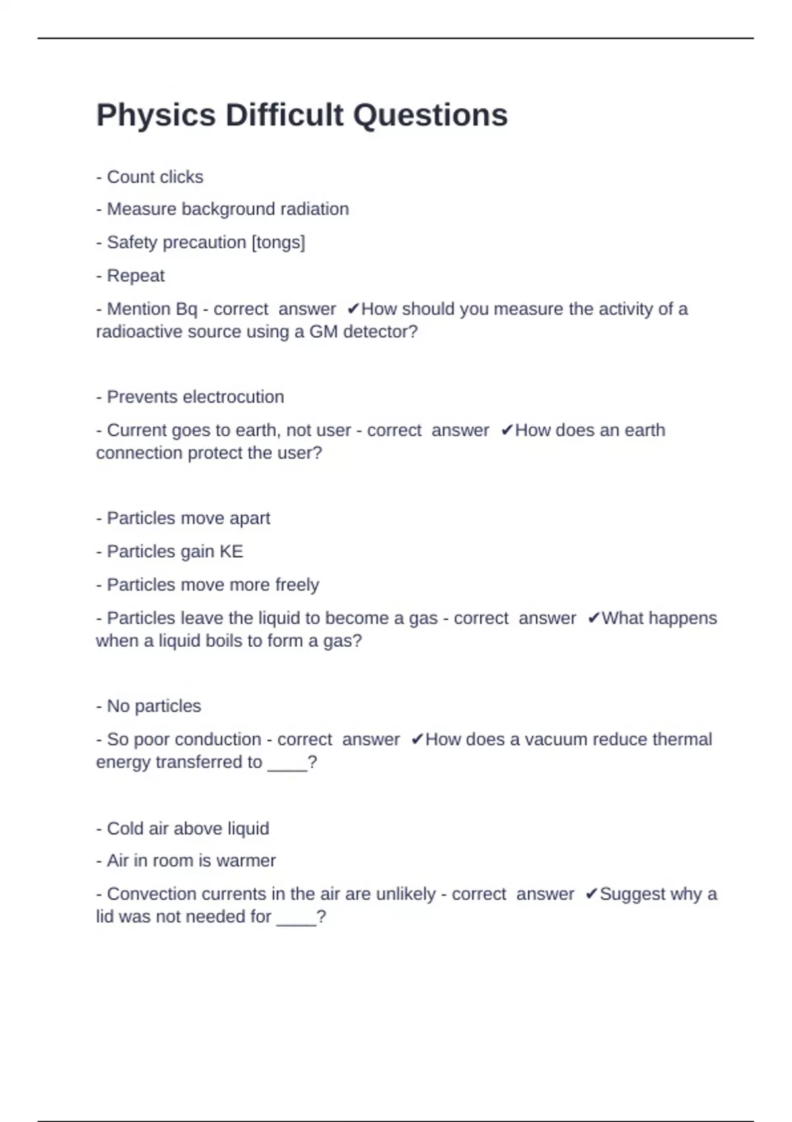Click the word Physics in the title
click(156, 115)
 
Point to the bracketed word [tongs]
click(278, 242)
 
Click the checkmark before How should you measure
click(353, 309)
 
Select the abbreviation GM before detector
click(323, 331)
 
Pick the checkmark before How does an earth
click(507, 430)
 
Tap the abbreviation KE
click(231, 551)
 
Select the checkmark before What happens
click(593, 618)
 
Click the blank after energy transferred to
click(287, 764)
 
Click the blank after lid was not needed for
click(296, 918)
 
